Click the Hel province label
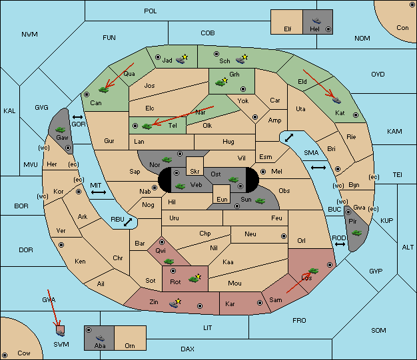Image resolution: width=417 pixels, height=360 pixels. (x=314, y=29)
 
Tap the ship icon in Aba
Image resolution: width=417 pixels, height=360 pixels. (x=101, y=338)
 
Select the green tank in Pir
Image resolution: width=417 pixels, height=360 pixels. (x=356, y=233)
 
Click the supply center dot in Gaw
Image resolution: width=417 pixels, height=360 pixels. (x=68, y=148)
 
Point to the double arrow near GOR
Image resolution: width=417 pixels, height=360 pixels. (x=78, y=117)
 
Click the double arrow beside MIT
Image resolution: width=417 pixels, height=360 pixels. (x=99, y=192)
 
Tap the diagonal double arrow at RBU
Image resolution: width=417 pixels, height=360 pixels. (x=128, y=222)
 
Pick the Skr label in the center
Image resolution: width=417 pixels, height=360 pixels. (x=195, y=172)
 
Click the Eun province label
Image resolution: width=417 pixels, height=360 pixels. (x=222, y=199)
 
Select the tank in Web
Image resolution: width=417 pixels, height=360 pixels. (x=181, y=186)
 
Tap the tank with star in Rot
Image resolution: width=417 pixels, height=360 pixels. (x=195, y=278)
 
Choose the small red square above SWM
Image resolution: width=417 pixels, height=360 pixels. (x=61, y=329)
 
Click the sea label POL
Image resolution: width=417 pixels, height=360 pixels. (x=151, y=11)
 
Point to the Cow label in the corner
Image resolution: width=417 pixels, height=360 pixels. (x=24, y=353)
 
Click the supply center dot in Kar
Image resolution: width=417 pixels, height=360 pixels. (x=260, y=303)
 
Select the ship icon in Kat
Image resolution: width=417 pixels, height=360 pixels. (x=336, y=100)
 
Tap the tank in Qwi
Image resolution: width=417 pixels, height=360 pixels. (x=169, y=262)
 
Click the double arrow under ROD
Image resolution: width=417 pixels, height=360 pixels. (x=340, y=244)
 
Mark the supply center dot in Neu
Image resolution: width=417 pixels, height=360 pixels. (x=284, y=236)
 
